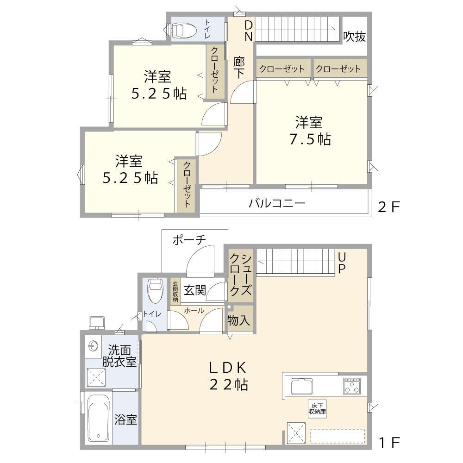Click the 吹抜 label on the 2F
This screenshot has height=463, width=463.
click(354, 37)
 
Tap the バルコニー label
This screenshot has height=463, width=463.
click(276, 203)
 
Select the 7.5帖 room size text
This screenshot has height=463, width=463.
click(310, 139)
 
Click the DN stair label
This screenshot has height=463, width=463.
click(249, 31)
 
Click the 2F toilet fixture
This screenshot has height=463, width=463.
click(181, 31)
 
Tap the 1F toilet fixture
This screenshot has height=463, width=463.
click(155, 291)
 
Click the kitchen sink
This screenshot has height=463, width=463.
click(301, 387)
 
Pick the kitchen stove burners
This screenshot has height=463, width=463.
click(352, 386)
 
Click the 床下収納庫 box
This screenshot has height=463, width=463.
click(318, 409)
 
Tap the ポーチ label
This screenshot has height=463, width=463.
click(189, 240)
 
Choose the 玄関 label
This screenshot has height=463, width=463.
click(194, 290)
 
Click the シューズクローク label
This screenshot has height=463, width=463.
click(241, 275)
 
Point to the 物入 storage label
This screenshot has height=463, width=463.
click(239, 320)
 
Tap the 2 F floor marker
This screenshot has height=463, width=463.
click(388, 207)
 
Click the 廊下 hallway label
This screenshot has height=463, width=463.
click(239, 68)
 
